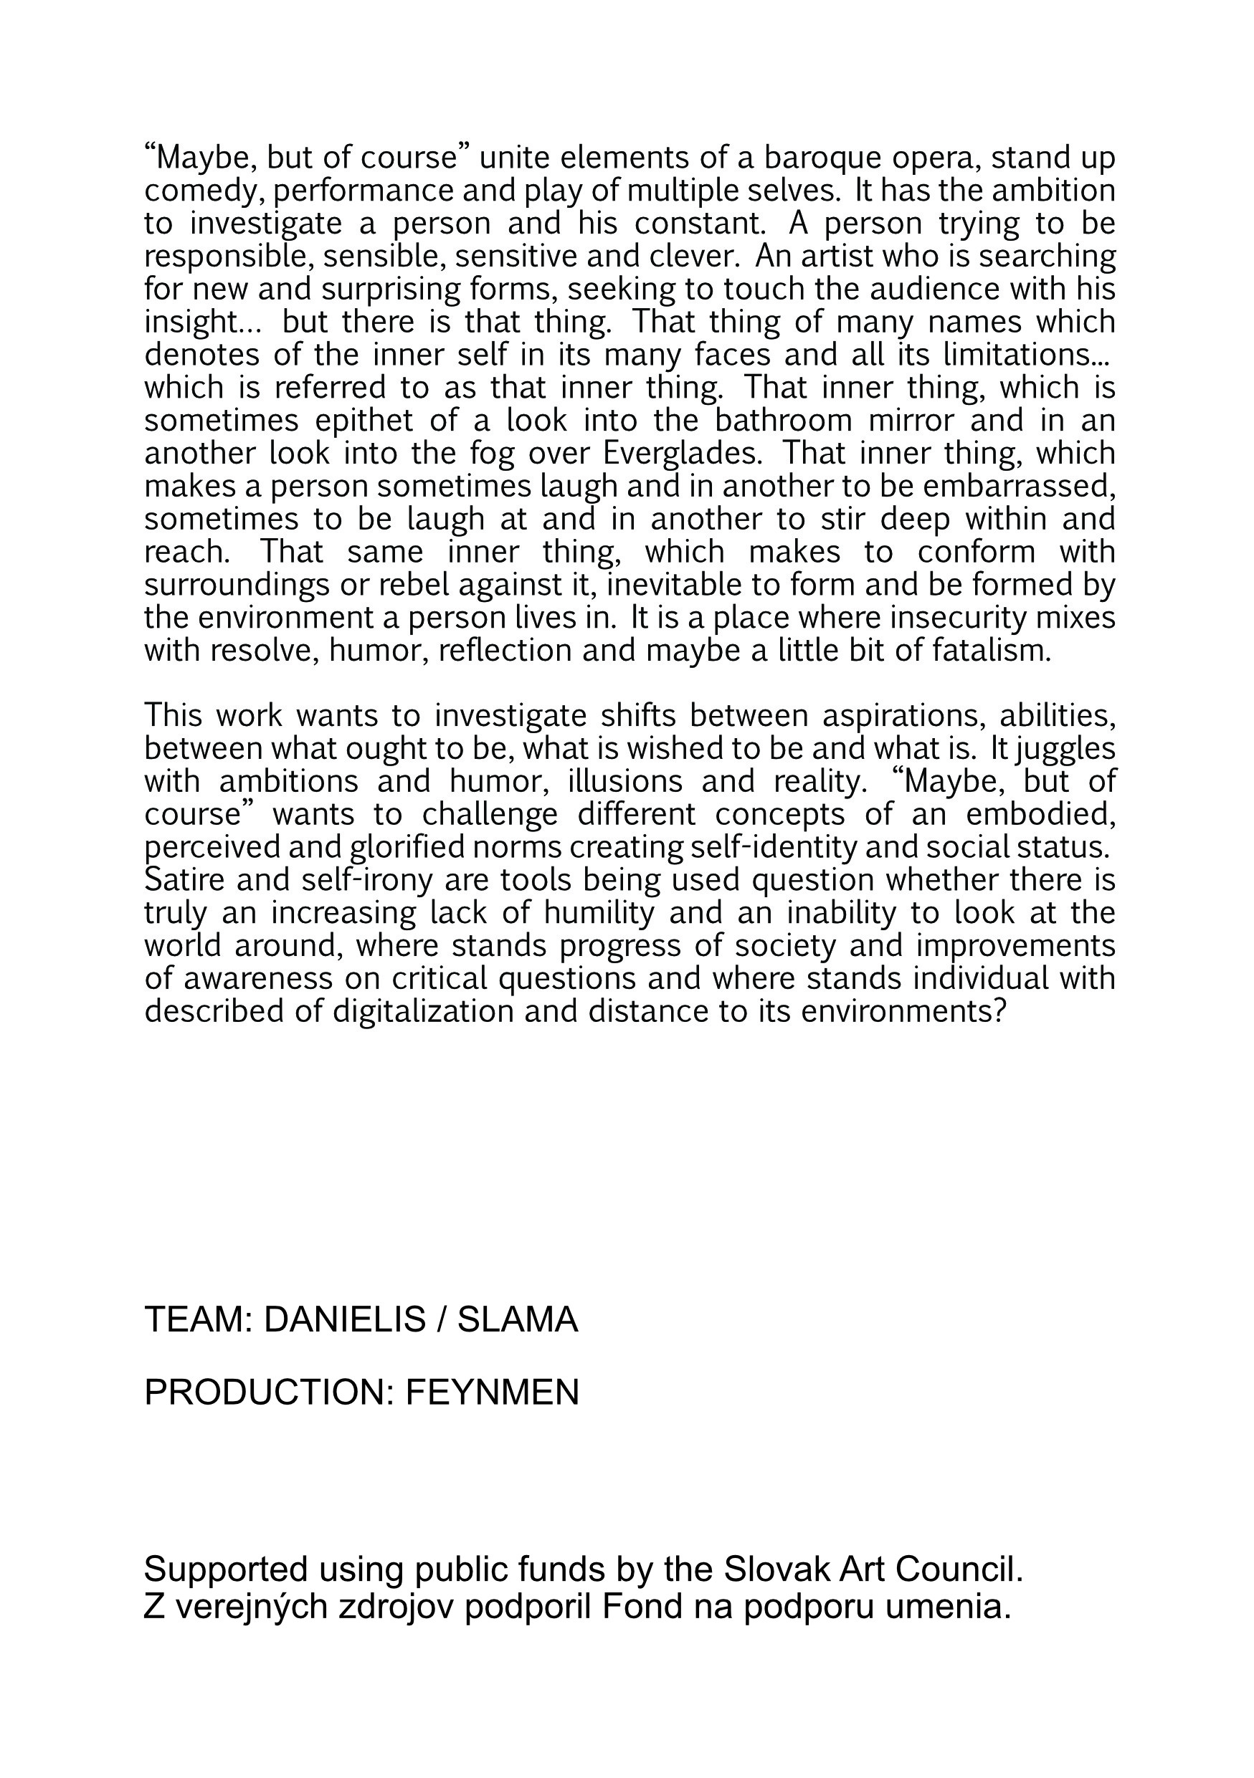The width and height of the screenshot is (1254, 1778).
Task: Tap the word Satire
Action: point(183,881)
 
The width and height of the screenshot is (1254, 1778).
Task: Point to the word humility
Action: point(599,914)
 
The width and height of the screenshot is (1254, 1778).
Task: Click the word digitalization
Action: point(423,1011)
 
